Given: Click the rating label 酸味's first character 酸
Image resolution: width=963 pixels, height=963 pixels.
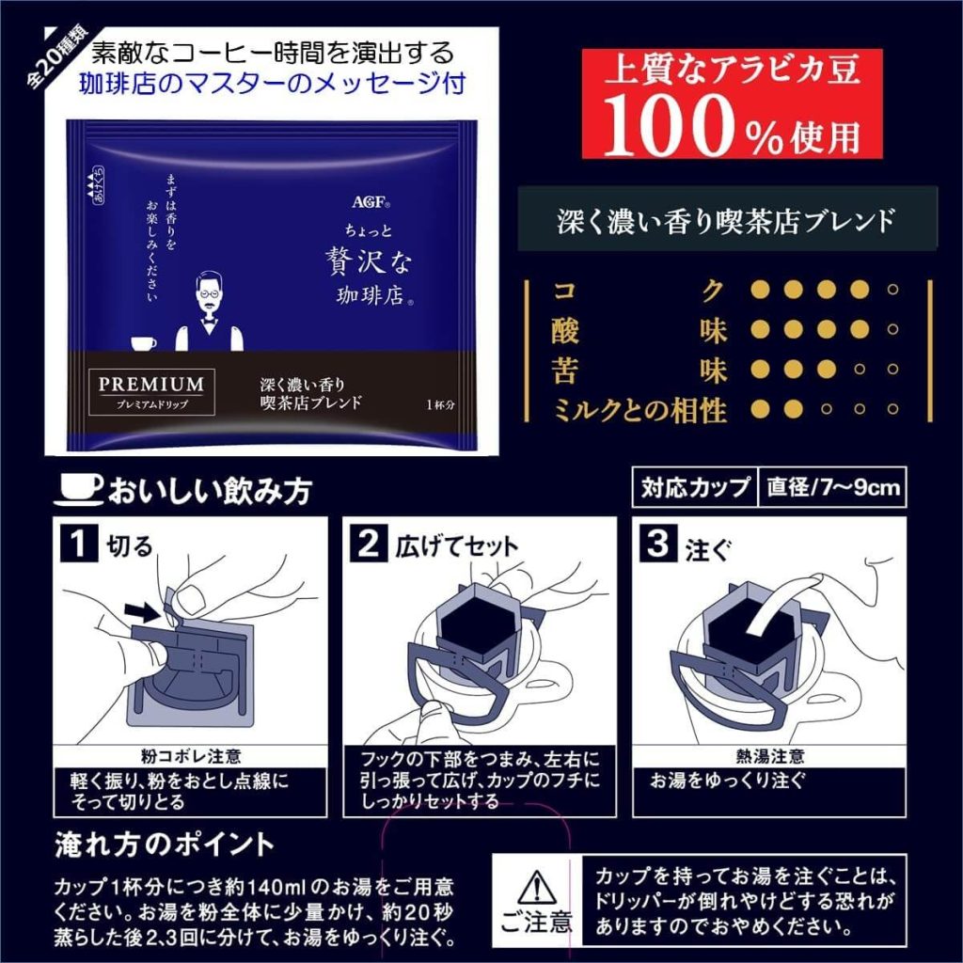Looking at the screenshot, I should [567, 331].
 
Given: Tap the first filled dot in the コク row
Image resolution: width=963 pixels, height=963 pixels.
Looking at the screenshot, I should [760, 290].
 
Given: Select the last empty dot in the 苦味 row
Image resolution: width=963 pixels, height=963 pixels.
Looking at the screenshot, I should [892, 370].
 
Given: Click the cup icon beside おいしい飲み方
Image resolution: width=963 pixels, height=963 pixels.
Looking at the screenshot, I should [80, 489].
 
